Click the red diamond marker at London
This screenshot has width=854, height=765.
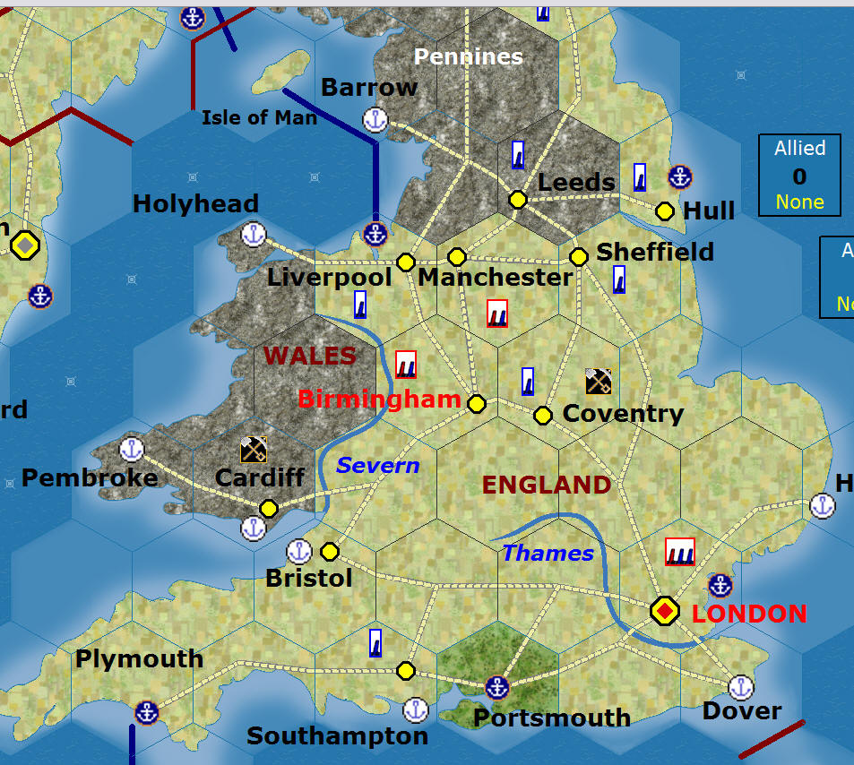(x=664, y=611)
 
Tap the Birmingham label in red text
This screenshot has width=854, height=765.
(x=379, y=400)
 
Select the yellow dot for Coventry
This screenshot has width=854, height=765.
(x=543, y=415)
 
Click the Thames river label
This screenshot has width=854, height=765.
(x=548, y=554)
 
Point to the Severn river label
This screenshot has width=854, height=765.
(x=377, y=466)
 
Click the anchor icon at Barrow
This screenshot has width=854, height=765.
(x=375, y=119)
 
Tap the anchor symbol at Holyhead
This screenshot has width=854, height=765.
(x=254, y=235)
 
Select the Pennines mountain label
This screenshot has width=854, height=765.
(x=468, y=57)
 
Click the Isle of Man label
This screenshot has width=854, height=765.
(x=259, y=117)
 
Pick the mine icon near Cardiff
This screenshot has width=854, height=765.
(x=253, y=449)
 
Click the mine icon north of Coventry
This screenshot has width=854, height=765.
(x=599, y=382)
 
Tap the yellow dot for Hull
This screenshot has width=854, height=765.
(x=665, y=211)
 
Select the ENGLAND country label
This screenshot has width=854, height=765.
(x=547, y=486)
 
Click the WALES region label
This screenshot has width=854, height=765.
(x=310, y=356)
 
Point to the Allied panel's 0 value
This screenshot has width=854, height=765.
(x=799, y=176)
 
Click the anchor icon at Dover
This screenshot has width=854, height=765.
(x=739, y=687)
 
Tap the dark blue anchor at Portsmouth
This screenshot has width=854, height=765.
(x=496, y=688)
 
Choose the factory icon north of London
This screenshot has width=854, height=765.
(x=680, y=551)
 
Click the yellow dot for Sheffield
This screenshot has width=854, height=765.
(x=579, y=256)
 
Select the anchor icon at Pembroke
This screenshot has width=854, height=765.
(x=133, y=449)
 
